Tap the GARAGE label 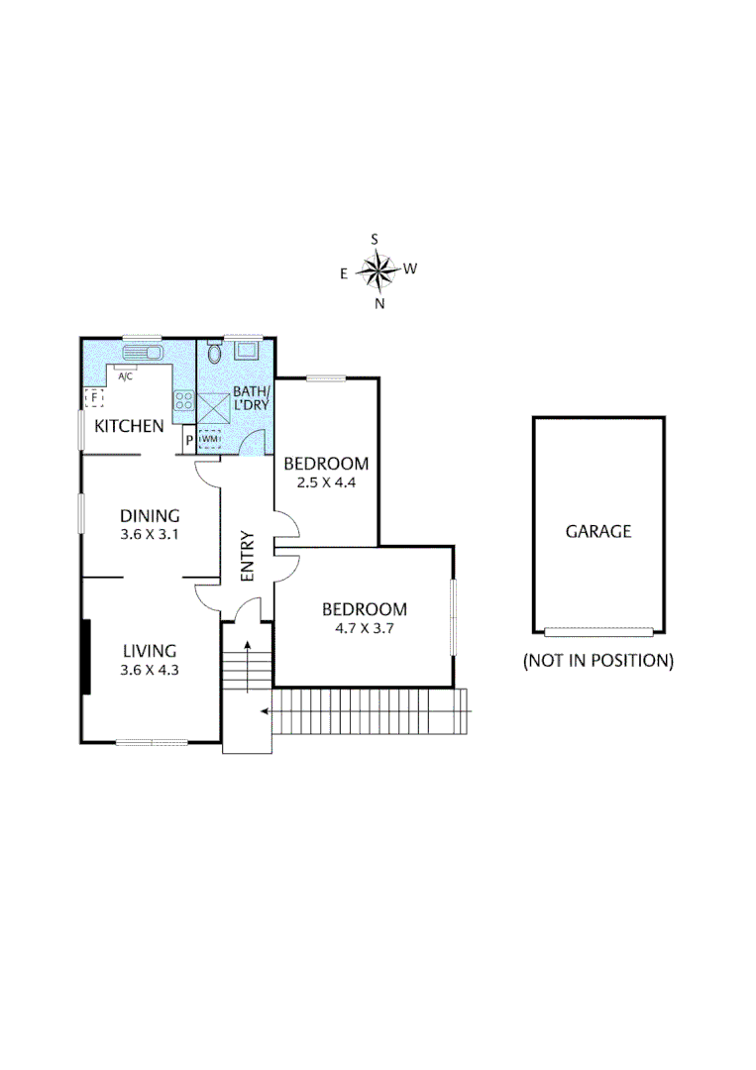[597, 531]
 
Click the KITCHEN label [129, 427]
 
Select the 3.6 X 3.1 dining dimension [150, 535]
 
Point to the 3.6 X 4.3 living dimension [150, 670]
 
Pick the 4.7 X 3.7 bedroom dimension [366, 627]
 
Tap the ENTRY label [247, 557]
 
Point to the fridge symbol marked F [95, 398]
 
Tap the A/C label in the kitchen [126, 377]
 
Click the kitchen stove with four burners [183, 401]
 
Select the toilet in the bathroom [215, 356]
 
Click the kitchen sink [141, 353]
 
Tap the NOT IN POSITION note [597, 660]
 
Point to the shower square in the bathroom [215, 406]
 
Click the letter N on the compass [378, 304]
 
